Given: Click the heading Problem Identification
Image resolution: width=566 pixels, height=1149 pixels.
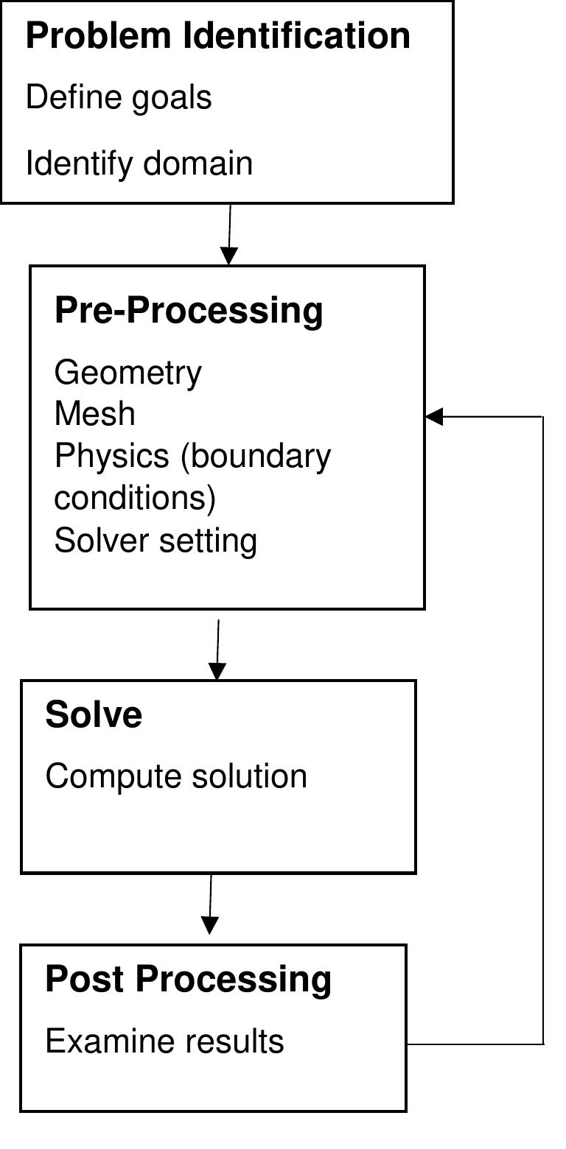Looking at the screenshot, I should coord(217,36).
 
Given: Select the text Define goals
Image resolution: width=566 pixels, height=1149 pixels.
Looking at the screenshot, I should coord(119,98).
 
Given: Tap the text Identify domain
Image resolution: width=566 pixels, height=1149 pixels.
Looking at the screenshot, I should coord(139,163).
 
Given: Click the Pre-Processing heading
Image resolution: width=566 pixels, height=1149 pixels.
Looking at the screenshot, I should coord(189,310).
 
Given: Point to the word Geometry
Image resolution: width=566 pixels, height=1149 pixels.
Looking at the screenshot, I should coord(127,373).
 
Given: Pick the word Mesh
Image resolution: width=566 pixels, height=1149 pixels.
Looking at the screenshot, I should coord(94,414).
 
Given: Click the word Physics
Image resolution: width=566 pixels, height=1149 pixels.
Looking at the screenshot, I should coord(111,457).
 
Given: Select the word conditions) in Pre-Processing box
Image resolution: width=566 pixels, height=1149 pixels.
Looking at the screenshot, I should coord(135,498).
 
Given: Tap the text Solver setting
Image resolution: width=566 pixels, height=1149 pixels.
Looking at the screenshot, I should coord(156,541).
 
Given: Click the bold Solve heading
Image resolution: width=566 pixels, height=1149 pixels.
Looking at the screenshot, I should coord(94,714).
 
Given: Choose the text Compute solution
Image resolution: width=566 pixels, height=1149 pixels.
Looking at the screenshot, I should coord(176,776).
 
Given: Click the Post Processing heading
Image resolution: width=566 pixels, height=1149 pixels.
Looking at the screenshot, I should coord(188,979).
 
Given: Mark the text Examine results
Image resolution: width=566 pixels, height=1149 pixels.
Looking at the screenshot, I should coord(164,1041).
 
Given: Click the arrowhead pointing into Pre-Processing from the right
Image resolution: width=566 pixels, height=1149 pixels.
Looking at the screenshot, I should coord(434,416).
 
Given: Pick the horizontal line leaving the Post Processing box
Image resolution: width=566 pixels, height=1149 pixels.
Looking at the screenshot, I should coord(475,1044).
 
